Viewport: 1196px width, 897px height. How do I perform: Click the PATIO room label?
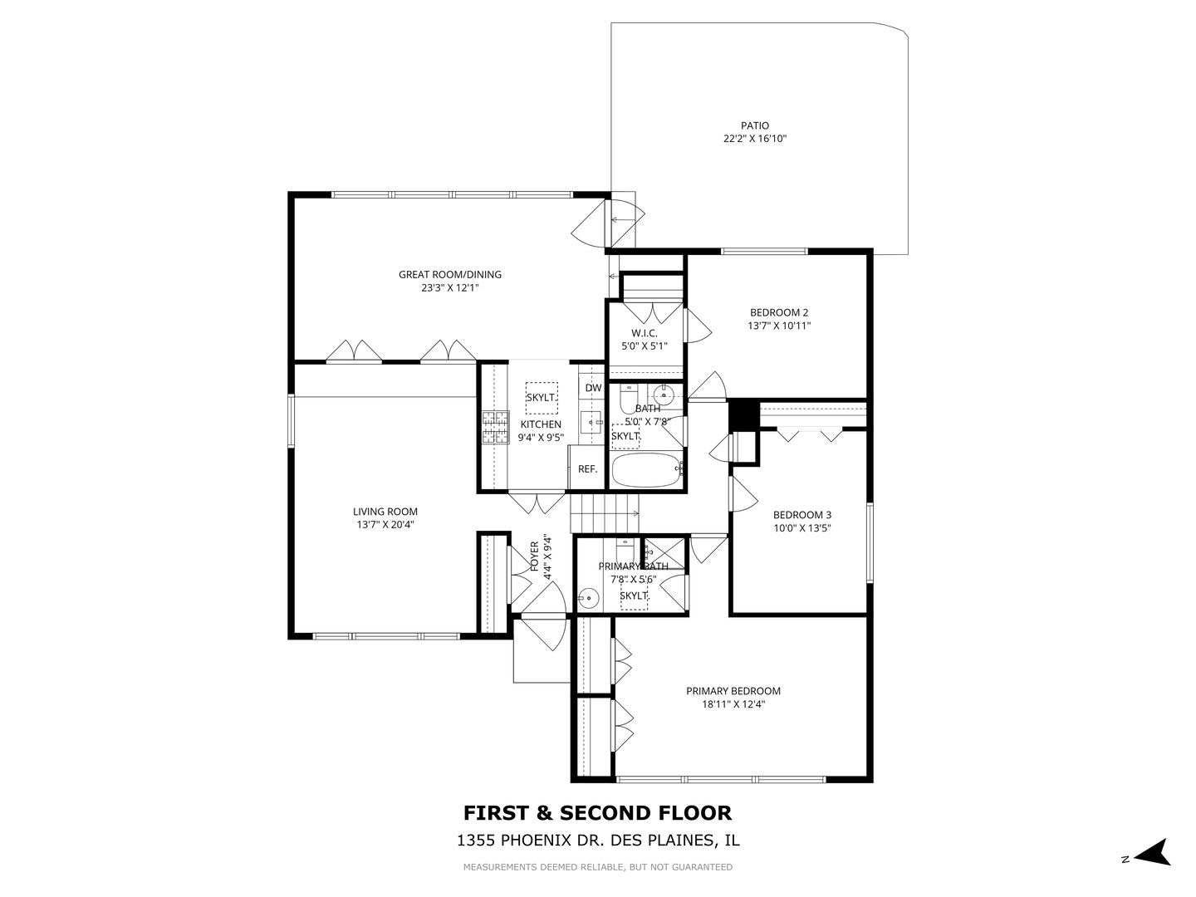point(754,126)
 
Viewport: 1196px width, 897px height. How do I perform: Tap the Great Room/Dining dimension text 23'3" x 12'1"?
point(450,288)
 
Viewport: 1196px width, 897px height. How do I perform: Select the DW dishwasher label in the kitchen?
point(593,388)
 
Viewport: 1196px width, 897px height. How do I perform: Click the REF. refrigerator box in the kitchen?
point(587,468)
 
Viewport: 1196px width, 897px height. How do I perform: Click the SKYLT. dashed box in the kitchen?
point(541,398)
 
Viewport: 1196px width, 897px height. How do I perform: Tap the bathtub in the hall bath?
point(647,470)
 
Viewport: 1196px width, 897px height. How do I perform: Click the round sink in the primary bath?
point(589,596)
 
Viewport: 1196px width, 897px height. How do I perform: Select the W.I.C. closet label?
point(644,333)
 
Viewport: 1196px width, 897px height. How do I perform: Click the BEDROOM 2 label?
point(778,313)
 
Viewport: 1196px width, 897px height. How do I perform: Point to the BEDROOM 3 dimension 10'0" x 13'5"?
point(801,527)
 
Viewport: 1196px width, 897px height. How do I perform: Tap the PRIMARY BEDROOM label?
point(733,691)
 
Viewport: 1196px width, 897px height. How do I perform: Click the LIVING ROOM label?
point(385,512)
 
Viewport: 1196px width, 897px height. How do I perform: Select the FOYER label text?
point(535,556)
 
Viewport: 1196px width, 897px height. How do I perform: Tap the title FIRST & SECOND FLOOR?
point(597,812)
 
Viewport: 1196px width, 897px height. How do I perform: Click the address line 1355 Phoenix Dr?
point(597,841)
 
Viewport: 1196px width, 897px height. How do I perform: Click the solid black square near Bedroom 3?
point(743,415)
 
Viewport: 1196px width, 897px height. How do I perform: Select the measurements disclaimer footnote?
point(597,867)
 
